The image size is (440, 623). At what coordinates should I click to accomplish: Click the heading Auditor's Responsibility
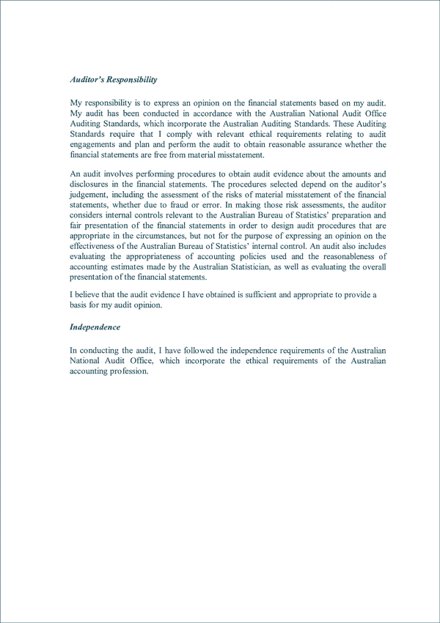pos(114,79)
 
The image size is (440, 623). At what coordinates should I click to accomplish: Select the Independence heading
pos(95,327)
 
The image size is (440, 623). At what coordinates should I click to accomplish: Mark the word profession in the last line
pos(129,370)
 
